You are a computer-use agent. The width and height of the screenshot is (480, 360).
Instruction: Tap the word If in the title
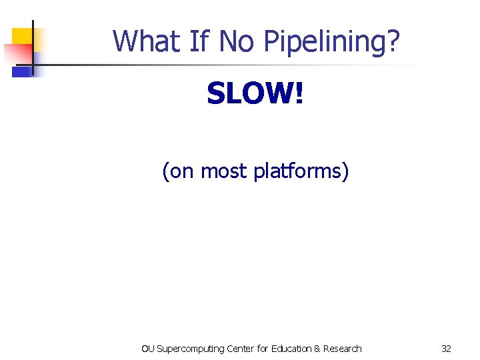(x=199, y=41)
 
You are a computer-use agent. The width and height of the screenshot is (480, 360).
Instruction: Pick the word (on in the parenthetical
(x=178, y=172)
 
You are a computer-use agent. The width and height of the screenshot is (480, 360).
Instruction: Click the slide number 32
(x=446, y=349)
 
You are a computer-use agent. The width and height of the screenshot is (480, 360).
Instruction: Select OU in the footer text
(x=148, y=349)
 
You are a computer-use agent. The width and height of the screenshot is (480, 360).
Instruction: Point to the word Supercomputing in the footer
(x=189, y=349)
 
